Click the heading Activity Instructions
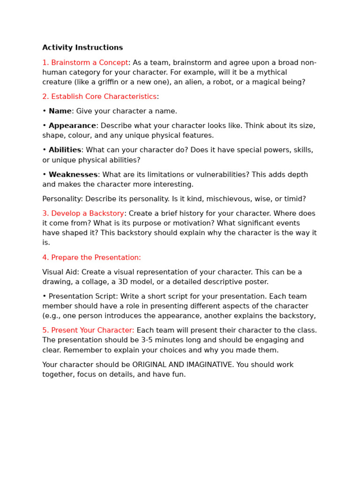82,48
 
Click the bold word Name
60,111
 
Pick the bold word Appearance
72,126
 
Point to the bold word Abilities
65,150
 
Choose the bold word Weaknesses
73,174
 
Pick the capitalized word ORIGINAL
155,365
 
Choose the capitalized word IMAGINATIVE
206,365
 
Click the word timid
295,199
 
